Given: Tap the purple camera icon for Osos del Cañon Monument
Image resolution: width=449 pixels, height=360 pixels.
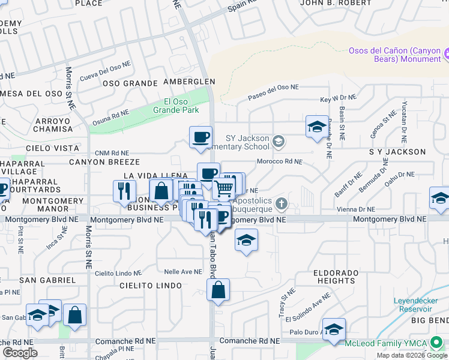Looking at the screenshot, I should (x=447, y=55).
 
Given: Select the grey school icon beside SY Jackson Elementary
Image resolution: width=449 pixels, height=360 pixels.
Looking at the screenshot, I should (x=278, y=142).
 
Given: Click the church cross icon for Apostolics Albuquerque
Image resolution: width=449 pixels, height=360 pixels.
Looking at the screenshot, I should (x=280, y=205).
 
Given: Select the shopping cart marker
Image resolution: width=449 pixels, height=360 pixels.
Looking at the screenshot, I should (x=224, y=189).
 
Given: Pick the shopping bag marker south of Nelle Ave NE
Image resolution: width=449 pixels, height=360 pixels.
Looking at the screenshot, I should (x=218, y=290).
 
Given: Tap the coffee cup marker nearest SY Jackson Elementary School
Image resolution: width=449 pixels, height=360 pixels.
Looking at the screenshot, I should (x=200, y=137).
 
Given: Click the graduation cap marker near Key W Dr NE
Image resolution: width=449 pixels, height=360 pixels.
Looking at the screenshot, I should (x=317, y=127).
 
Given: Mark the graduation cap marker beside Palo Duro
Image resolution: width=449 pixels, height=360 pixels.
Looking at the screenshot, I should (x=334, y=329).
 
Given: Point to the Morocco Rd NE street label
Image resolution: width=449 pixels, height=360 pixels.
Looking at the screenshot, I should (x=279, y=161).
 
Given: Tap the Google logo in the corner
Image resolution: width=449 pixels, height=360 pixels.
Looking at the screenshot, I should (x=20, y=353).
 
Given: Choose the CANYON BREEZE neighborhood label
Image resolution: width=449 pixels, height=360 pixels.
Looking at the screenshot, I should (x=104, y=162).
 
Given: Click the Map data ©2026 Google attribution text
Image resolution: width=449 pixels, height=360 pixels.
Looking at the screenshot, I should (x=411, y=355).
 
